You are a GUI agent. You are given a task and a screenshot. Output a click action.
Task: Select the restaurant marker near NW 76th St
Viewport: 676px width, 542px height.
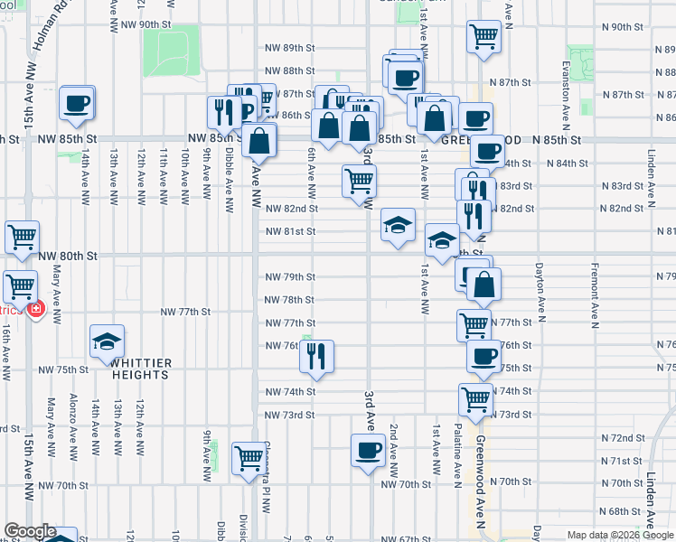[316, 356]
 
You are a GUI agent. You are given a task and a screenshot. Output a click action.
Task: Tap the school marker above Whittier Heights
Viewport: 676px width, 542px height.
[108, 341]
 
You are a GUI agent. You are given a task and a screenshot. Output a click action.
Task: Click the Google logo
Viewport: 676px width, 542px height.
[30, 532]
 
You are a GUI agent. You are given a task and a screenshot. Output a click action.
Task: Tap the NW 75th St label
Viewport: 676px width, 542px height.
[62, 369]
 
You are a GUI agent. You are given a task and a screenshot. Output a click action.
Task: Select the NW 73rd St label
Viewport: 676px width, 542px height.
[289, 415]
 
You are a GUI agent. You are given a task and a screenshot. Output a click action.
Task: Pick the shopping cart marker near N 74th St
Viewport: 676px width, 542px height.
[475, 397]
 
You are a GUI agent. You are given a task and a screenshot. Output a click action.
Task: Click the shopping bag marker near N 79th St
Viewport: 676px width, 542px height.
[484, 283]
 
